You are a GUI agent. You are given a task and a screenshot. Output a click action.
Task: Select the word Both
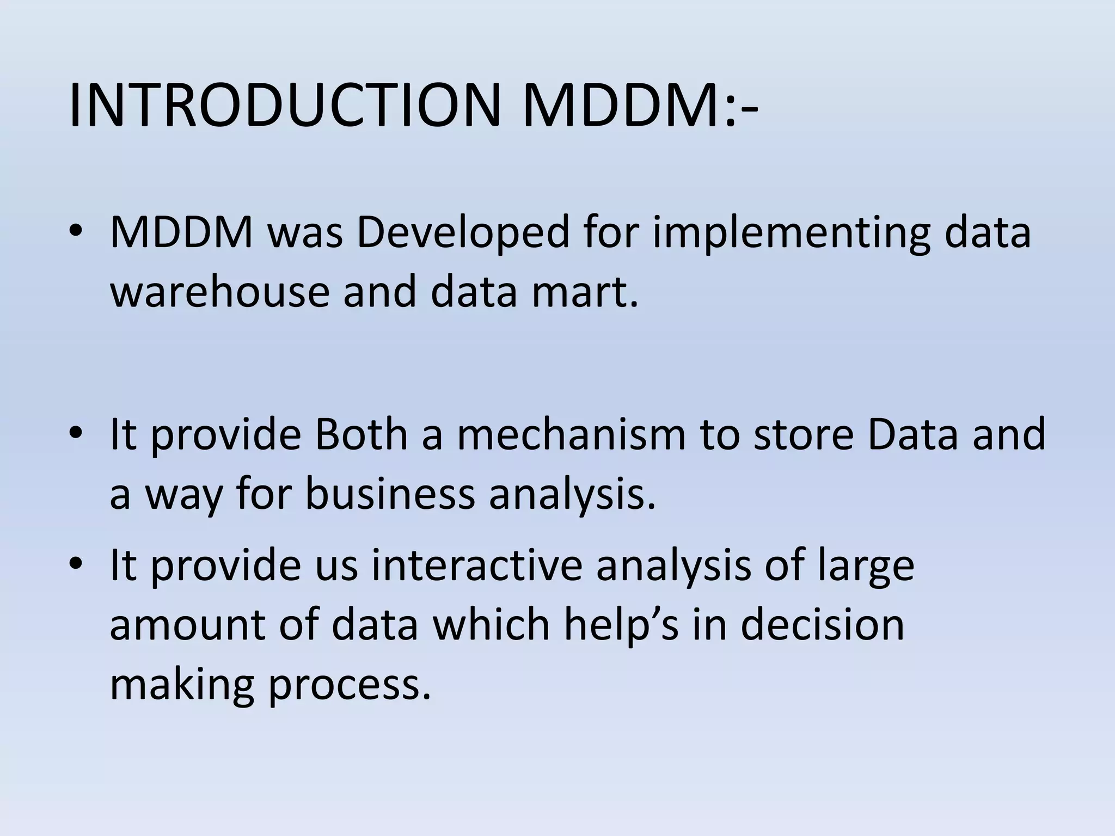[x=362, y=434]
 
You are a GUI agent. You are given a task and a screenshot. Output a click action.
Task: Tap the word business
[x=390, y=494]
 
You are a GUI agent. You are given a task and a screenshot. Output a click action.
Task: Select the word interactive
[x=477, y=564]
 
